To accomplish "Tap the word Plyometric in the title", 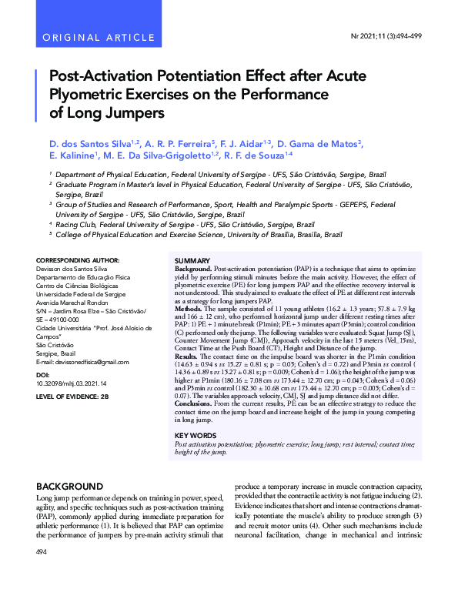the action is [84, 95].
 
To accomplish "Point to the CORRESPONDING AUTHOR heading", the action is [78, 261].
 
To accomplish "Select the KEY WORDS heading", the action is [196, 436].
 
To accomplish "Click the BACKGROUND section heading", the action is [69, 487].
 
